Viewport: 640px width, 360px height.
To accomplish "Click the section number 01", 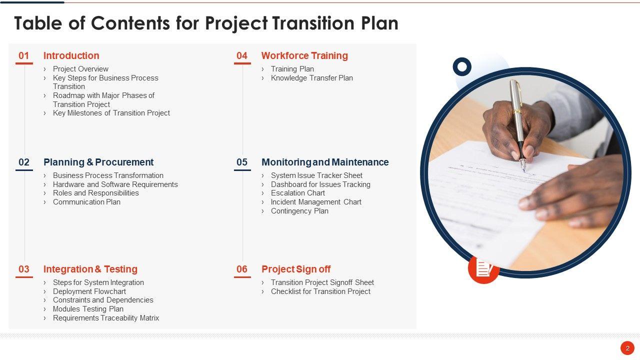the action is coord(23,55).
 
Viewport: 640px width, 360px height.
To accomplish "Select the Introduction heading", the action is coord(71,55).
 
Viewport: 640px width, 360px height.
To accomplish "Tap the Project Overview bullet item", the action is coord(80,69).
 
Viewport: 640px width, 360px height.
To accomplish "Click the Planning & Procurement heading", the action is coord(98,162).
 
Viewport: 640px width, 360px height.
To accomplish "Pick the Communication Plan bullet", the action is coord(86,202).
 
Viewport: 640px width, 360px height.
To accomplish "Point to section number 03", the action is coord(24,269).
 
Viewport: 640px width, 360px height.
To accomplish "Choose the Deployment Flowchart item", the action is coord(89,291).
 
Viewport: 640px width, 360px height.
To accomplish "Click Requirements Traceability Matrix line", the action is coord(106,318).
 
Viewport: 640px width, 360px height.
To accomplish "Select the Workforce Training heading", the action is coord(304,55).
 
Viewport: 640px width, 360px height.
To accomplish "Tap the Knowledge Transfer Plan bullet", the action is coord(311,78).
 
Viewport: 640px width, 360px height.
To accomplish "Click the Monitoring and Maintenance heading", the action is coord(325,162).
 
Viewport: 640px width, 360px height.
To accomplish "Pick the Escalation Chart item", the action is coord(298,193).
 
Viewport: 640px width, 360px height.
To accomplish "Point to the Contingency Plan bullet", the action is coord(299,211).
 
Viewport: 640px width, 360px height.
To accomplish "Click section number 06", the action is coord(242,269).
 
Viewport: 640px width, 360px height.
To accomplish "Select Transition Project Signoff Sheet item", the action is coord(322,282).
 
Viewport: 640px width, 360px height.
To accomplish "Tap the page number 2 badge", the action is coord(627,348).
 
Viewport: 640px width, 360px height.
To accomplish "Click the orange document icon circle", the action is coord(483,268).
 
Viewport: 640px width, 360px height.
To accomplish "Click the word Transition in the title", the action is coord(313,23).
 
